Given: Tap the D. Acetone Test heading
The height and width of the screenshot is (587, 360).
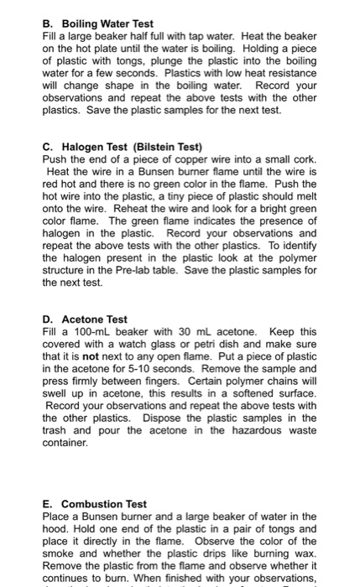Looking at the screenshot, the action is (x=85, y=319).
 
